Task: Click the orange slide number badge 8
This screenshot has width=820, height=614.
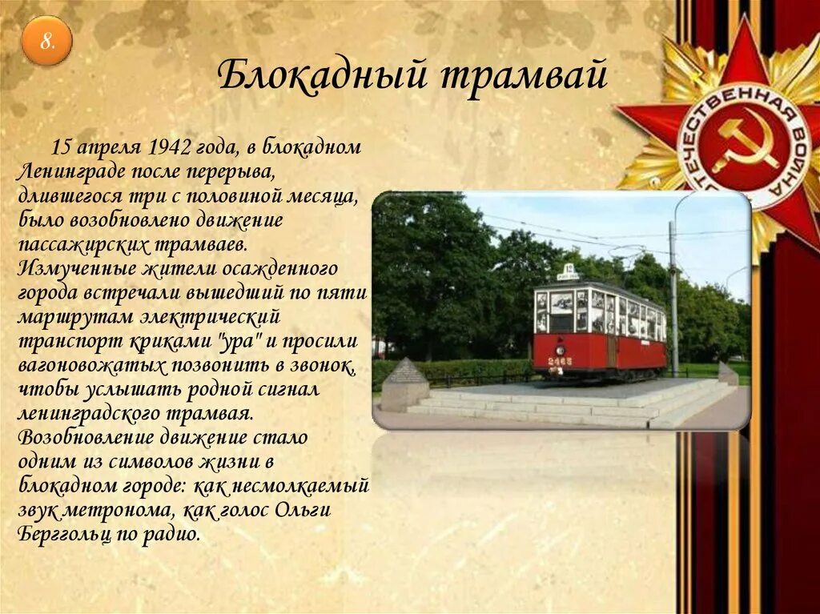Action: [46, 41]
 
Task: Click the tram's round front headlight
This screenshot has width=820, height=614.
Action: [561, 350]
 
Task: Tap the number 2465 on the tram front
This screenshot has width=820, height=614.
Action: [560, 361]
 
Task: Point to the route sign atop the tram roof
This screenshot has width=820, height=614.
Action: [569, 271]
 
